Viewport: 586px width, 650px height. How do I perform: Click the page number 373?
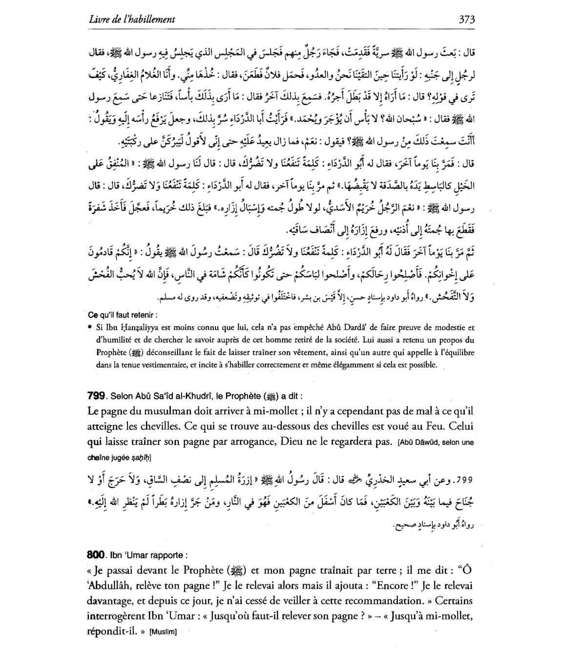[x=467, y=20]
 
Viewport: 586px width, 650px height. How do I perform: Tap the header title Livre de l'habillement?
[x=132, y=20]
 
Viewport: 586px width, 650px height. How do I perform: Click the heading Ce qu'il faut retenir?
[x=123, y=315]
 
